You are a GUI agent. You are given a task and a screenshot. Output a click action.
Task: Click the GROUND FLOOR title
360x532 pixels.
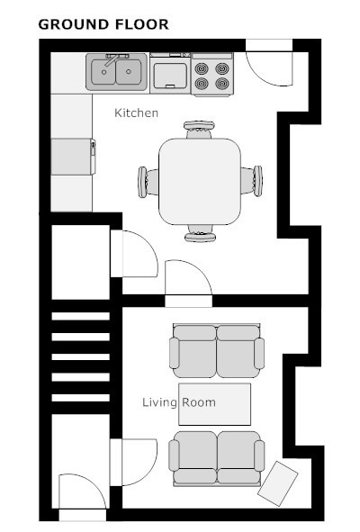tap(103, 24)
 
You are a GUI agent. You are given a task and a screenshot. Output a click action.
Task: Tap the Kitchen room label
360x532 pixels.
tap(137, 113)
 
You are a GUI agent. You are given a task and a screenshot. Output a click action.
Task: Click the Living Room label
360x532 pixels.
tap(179, 402)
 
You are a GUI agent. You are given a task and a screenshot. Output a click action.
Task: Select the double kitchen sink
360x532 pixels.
tap(116, 72)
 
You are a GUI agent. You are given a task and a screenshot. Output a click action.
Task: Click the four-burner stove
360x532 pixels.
tap(212, 74)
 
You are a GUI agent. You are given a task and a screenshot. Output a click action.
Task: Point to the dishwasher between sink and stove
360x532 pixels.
tap(170, 73)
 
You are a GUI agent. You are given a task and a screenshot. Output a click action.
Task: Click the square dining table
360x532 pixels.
tap(200, 182)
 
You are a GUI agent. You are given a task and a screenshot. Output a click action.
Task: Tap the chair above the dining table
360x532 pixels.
tap(199, 130)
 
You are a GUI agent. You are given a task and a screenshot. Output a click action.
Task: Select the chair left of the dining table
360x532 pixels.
tap(148, 182)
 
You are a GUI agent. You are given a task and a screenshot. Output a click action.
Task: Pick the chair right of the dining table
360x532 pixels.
tap(252, 181)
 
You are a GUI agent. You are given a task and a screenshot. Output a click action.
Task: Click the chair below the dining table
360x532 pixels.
tap(200, 233)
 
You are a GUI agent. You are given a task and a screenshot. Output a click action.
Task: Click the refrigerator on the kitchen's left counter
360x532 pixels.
tap(73, 157)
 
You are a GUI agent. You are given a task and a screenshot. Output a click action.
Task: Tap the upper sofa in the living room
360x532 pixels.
tap(217, 351)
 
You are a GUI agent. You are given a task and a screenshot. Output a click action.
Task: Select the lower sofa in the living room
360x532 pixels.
tap(217, 459)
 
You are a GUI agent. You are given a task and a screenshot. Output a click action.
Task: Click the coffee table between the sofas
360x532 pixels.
tap(215, 404)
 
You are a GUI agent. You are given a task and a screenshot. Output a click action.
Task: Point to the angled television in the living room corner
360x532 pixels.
tap(278, 483)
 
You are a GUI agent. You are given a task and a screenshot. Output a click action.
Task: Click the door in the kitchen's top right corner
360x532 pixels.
tap(269, 63)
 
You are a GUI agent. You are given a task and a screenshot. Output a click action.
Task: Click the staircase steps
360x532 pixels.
tap(80, 357)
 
